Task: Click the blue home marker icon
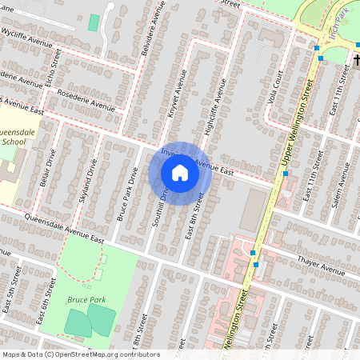[180, 173]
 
